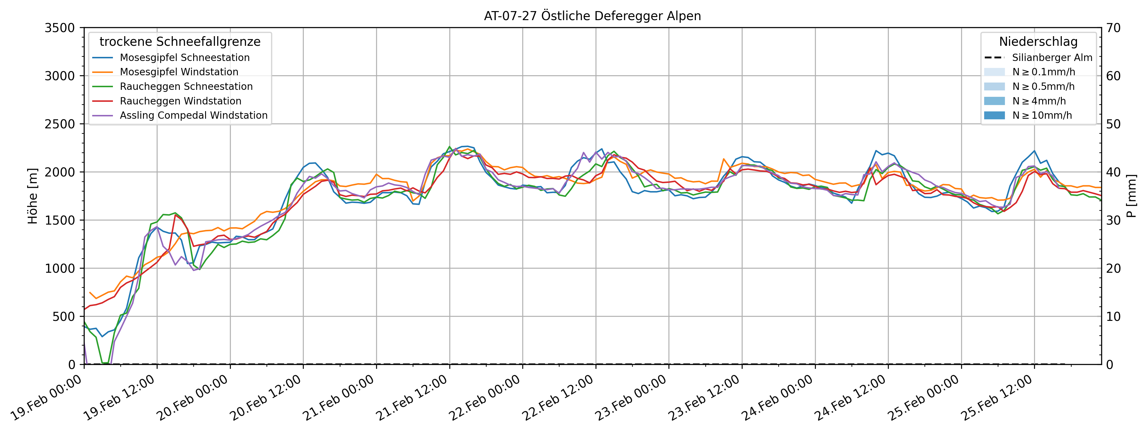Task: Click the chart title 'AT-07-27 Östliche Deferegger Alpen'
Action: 592,16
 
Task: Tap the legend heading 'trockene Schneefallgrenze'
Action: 180,42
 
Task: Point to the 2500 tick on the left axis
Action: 60,124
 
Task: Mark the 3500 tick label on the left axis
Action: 60,28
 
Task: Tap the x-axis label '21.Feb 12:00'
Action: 411,398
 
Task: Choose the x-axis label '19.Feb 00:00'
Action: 46,398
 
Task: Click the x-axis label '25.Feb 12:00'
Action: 996,398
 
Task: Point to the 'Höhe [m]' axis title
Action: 32,196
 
